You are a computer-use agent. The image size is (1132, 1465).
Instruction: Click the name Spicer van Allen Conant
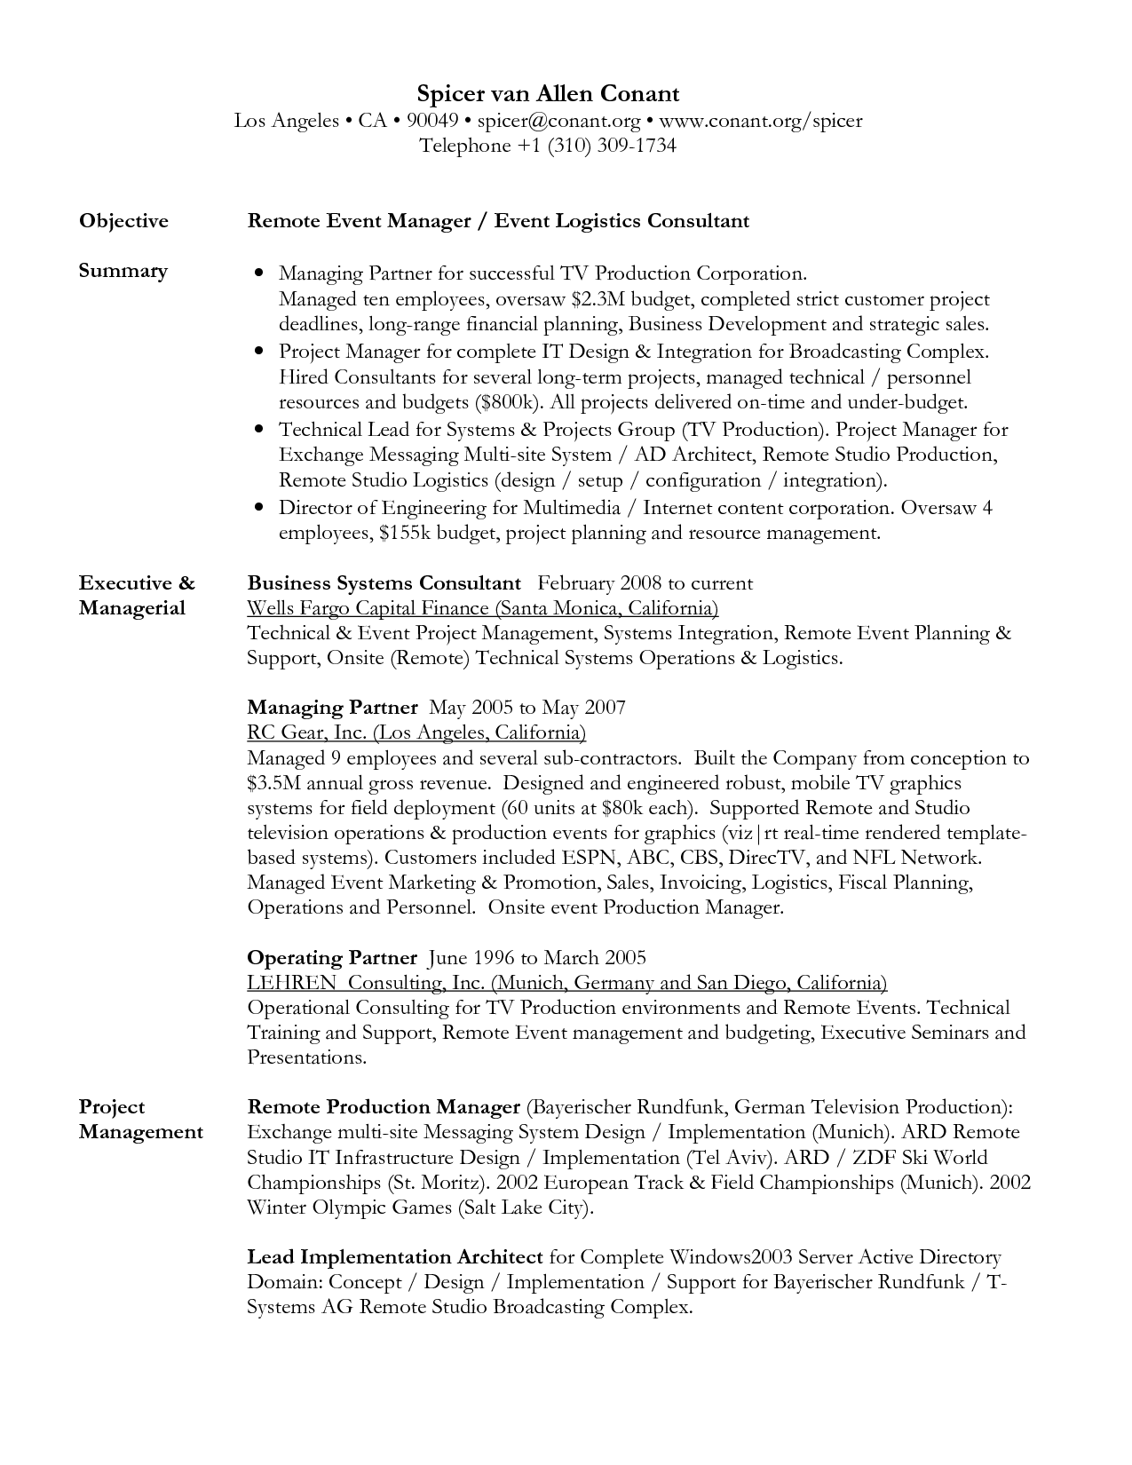[x=548, y=94]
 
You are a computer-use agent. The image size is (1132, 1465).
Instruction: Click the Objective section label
[x=123, y=221]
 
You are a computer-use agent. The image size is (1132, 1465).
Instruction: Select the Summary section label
[x=123, y=271]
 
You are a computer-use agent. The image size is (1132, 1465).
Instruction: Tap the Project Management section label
[x=140, y=1120]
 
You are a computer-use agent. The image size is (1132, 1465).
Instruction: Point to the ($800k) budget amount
[x=508, y=402]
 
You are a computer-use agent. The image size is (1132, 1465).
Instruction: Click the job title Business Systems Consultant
[x=384, y=583]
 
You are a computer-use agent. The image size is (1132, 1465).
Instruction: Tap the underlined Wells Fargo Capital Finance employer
[x=482, y=608]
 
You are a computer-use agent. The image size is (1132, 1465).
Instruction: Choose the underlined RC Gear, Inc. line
[x=416, y=732]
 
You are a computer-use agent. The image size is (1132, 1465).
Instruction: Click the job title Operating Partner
[x=331, y=958]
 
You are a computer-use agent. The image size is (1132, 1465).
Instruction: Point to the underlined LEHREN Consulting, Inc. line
[x=566, y=983]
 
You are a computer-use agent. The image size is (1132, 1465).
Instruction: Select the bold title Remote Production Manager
[x=383, y=1107]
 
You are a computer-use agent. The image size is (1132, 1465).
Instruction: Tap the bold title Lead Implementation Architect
[x=394, y=1257]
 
